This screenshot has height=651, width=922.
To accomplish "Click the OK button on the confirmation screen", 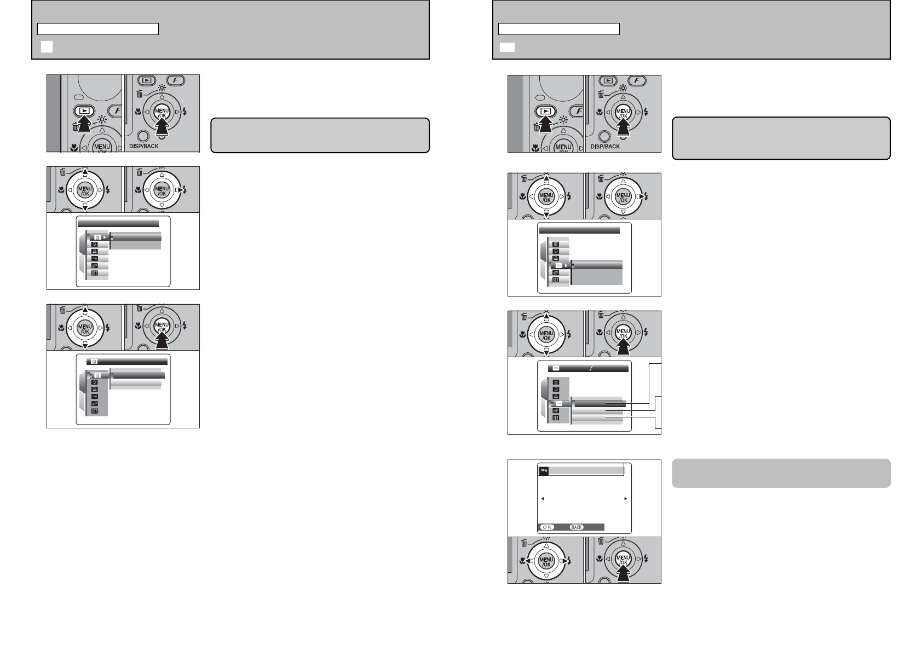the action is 547,527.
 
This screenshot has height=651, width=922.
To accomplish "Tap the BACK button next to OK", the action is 576,527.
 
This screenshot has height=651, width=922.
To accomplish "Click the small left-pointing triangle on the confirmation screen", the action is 543,498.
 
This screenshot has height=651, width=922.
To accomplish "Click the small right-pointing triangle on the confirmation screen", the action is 626,498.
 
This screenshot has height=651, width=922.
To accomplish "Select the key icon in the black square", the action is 544,470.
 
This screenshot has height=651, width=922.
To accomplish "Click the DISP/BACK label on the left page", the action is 143,146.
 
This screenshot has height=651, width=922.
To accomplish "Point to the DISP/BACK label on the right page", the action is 604,147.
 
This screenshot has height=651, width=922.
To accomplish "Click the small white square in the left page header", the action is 47,47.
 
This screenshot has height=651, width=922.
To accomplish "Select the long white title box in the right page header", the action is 558,29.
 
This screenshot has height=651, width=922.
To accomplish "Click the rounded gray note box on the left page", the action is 320,135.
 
